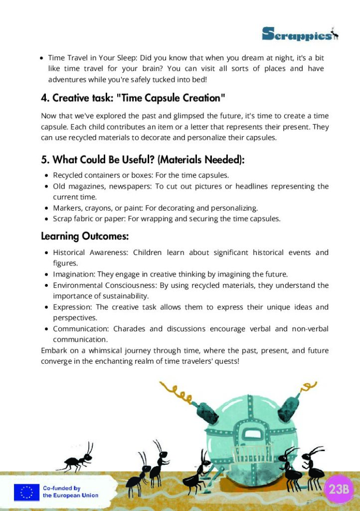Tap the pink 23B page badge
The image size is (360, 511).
tap(339, 489)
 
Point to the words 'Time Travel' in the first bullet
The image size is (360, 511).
tap(68, 58)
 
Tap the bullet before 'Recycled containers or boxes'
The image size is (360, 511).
tap(46, 176)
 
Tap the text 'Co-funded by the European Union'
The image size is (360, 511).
tap(70, 492)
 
